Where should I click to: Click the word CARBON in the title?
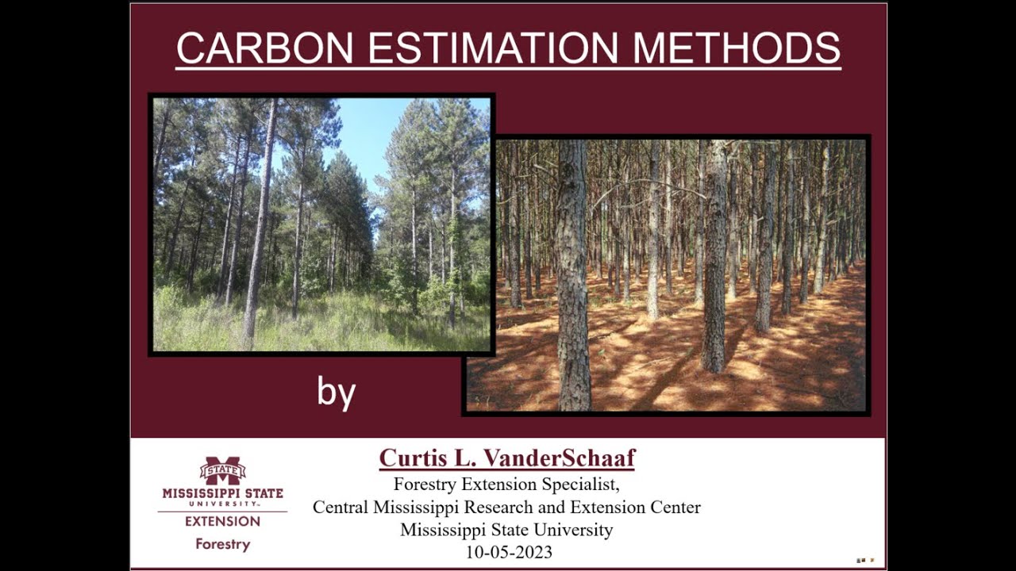[264, 48]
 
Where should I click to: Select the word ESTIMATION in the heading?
[493, 48]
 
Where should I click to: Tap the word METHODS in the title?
[737, 48]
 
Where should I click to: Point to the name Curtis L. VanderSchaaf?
[507, 458]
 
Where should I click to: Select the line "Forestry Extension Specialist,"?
[506, 483]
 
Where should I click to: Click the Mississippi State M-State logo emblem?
[222, 471]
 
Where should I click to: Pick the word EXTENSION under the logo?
[222, 521]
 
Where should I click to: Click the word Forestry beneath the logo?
[222, 544]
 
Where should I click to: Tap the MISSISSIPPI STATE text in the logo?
[222, 492]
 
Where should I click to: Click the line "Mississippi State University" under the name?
[506, 530]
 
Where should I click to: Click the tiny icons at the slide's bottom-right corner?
[865, 560]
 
